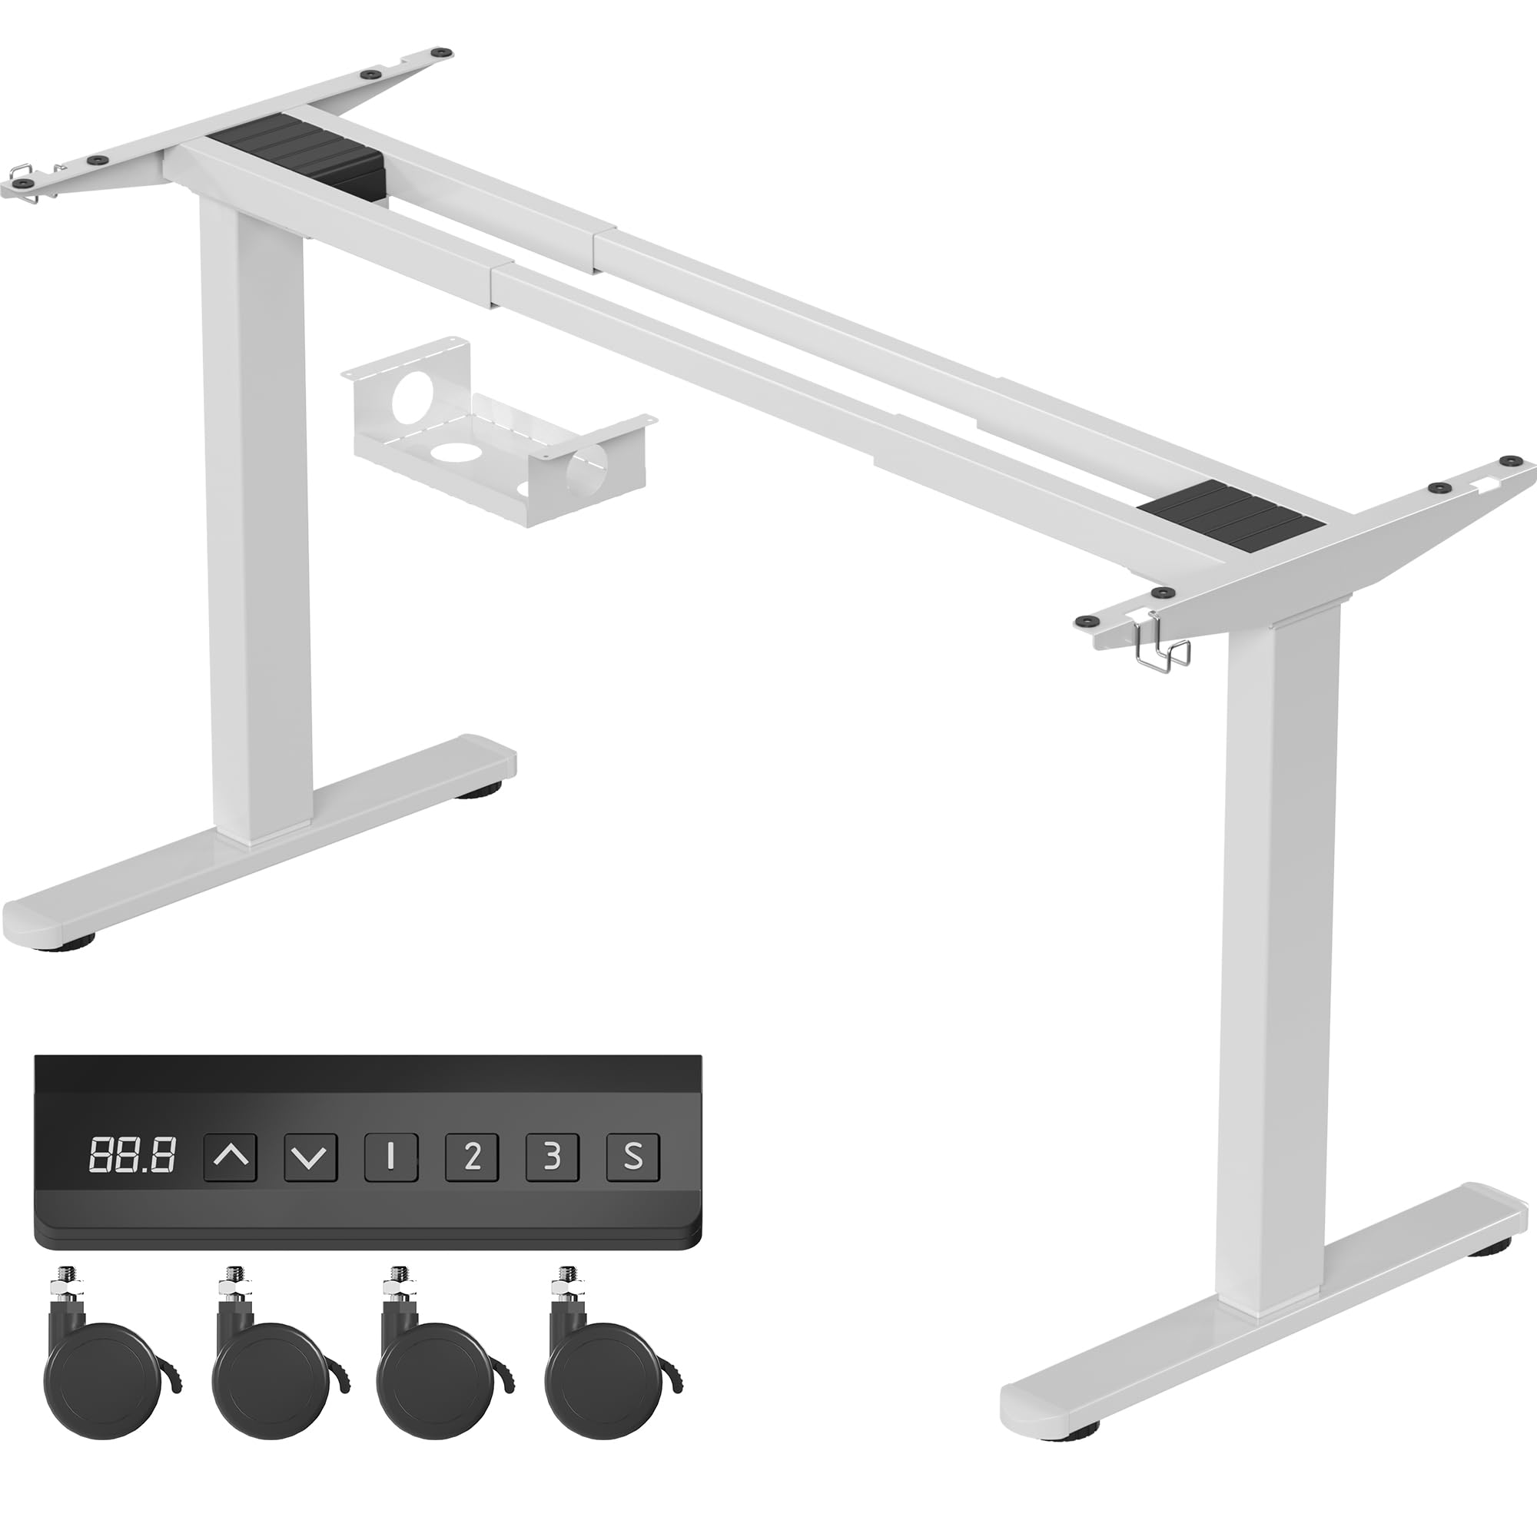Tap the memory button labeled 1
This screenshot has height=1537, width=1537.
click(x=391, y=1156)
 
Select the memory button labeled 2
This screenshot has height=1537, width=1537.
click(x=472, y=1156)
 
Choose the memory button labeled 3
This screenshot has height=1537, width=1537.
click(x=552, y=1156)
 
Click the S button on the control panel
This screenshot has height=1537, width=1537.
click(x=633, y=1156)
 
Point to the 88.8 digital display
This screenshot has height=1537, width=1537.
click(x=133, y=1156)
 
